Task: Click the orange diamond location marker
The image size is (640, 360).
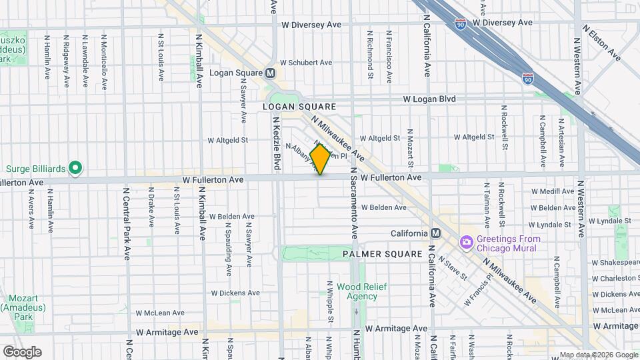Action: tap(320, 159)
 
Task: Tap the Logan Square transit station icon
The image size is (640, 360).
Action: tap(270, 73)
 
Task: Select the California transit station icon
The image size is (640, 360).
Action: tap(435, 233)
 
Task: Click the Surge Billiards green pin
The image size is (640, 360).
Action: tap(75, 168)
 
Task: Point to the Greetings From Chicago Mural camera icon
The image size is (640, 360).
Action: tap(466, 241)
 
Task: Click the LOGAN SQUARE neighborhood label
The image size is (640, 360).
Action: tap(299, 107)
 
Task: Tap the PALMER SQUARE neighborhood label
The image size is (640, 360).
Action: tap(382, 254)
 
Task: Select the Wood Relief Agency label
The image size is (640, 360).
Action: tap(357, 291)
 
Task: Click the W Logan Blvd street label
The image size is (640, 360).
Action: tap(429, 99)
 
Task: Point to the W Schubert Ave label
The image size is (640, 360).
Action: tap(306, 63)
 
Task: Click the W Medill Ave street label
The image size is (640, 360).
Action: tap(552, 191)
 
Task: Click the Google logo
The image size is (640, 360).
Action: tap(22, 352)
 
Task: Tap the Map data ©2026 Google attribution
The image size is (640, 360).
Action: tap(598, 355)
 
